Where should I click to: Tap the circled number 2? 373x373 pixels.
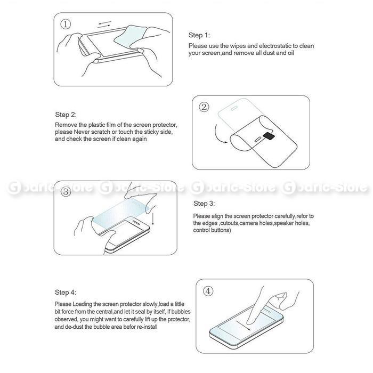[x=204, y=107]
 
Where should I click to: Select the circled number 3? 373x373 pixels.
[x=66, y=192]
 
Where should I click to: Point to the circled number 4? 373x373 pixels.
[x=208, y=291]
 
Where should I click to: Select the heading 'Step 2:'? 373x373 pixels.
[x=66, y=115]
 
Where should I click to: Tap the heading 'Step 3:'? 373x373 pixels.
[x=204, y=204]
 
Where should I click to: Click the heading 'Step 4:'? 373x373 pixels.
[x=66, y=293]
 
